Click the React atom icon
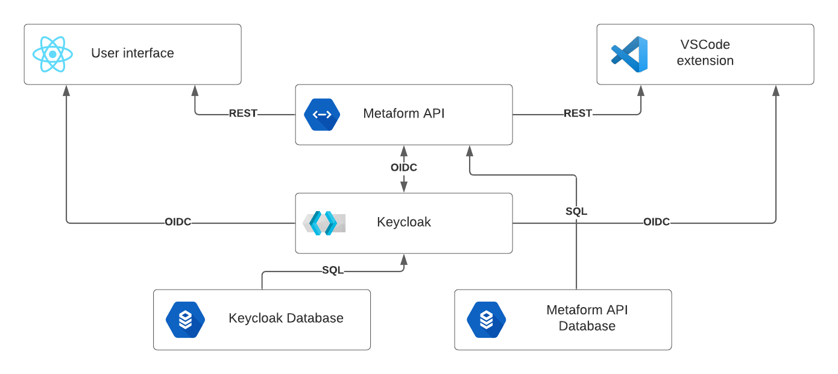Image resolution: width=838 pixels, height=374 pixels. pyautogui.click(x=53, y=54)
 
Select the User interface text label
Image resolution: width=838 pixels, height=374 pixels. pyautogui.click(x=133, y=53)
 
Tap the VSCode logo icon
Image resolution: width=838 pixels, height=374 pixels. pyautogui.click(x=629, y=54)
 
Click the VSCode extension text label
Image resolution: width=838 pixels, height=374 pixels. pyautogui.click(x=705, y=53)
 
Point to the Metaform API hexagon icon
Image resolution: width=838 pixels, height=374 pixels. pyautogui.click(x=322, y=115)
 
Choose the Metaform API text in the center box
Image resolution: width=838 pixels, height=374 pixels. pyautogui.click(x=404, y=113)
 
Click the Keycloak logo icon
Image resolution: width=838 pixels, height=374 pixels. pyautogui.click(x=324, y=223)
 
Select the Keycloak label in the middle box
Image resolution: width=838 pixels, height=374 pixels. pyautogui.click(x=404, y=222)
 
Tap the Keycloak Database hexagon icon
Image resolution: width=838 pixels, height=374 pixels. pyautogui.click(x=185, y=320)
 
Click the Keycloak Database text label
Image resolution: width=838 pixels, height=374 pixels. pyautogui.click(x=286, y=318)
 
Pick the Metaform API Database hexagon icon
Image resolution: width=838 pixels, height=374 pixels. pyautogui.click(x=487, y=320)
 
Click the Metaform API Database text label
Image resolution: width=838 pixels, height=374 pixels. pyautogui.click(x=587, y=318)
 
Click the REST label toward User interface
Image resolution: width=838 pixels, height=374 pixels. pyautogui.click(x=243, y=113)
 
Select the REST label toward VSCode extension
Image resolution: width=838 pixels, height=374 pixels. pyautogui.click(x=578, y=113)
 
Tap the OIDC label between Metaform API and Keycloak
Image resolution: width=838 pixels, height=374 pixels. pyautogui.click(x=404, y=168)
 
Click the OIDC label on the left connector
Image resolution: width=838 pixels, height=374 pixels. pyautogui.click(x=178, y=222)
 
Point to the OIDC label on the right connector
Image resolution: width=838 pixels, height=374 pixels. pyautogui.click(x=657, y=222)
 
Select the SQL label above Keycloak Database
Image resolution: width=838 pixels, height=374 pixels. pyautogui.click(x=332, y=270)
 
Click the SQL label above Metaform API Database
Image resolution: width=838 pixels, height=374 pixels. pyautogui.click(x=576, y=212)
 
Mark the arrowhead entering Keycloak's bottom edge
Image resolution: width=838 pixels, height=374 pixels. pyautogui.click(x=404, y=259)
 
